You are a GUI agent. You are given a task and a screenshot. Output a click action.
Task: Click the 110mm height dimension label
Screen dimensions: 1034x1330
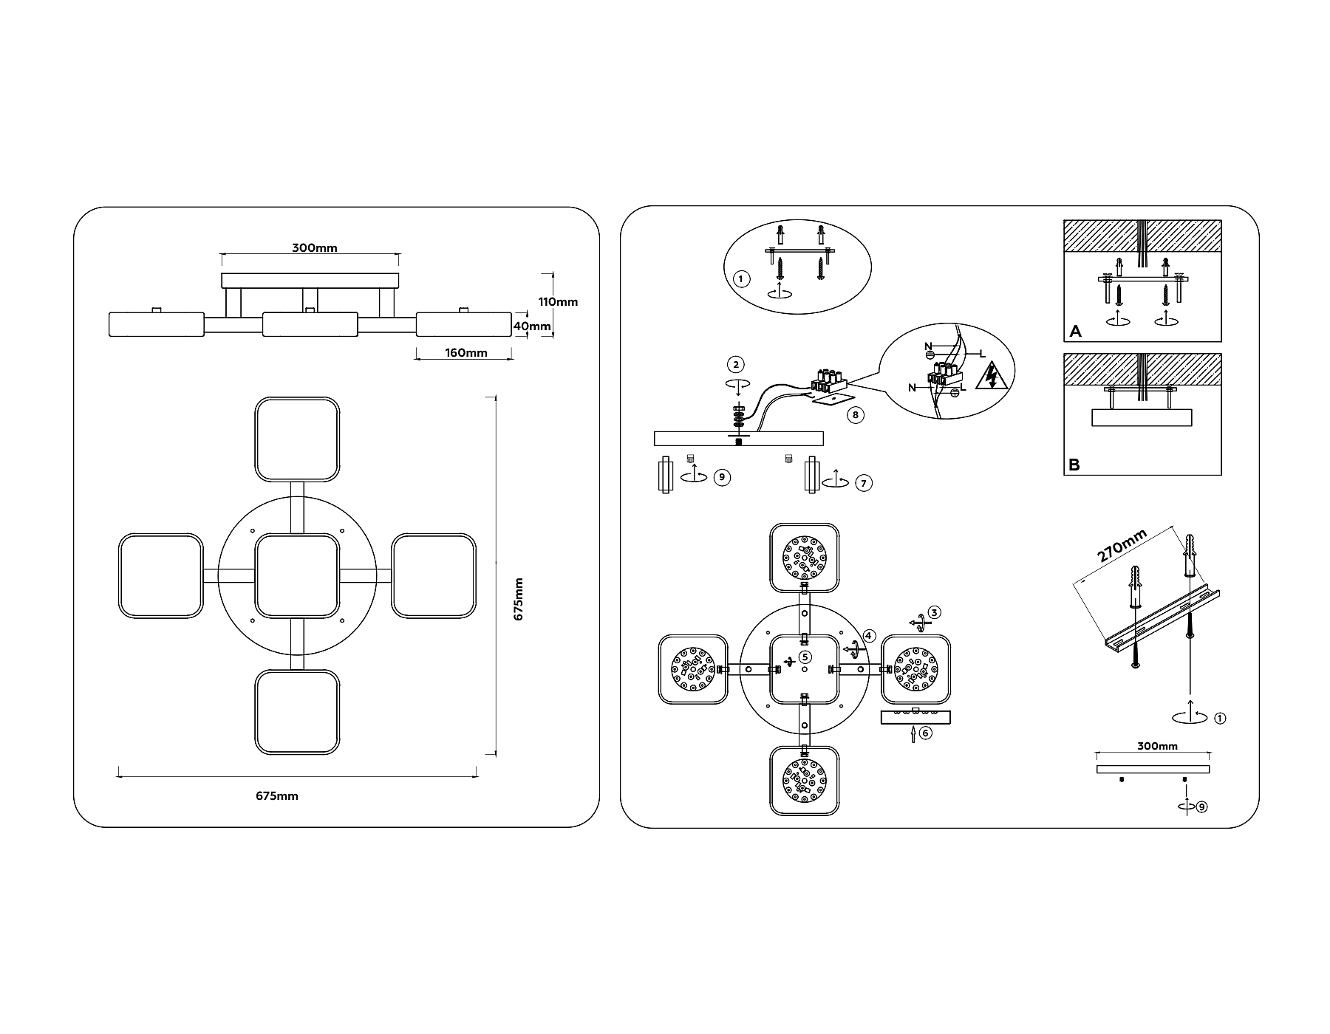pos(558,301)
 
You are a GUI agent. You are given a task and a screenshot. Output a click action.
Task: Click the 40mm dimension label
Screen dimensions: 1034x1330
pos(533,326)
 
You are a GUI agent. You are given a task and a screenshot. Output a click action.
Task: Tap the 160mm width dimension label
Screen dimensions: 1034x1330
pos(466,352)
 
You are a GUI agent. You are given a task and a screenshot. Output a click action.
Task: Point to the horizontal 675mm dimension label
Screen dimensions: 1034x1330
pos(277,796)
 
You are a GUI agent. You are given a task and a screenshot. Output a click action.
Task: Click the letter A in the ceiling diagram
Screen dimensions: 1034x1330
pos(1075,332)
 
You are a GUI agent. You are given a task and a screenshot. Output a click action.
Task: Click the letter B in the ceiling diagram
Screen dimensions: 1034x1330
pos(1074,465)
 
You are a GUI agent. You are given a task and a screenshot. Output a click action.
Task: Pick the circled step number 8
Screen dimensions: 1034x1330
pos(855,415)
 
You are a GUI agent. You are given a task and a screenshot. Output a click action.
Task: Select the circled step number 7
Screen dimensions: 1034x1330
pos(863,484)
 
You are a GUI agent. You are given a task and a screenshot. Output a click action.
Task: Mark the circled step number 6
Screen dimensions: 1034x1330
pos(925,733)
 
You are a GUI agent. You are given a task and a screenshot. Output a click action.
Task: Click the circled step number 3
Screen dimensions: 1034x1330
pos(935,612)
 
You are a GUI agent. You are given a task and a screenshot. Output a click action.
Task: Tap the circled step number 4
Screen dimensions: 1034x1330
pos(869,635)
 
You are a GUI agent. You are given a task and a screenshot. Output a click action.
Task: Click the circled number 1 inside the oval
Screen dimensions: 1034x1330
pos(741,279)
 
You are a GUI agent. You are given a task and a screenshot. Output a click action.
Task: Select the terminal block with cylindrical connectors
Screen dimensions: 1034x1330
pos(828,381)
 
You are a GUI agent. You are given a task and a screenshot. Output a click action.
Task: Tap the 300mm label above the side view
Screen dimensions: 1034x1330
pos(314,248)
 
